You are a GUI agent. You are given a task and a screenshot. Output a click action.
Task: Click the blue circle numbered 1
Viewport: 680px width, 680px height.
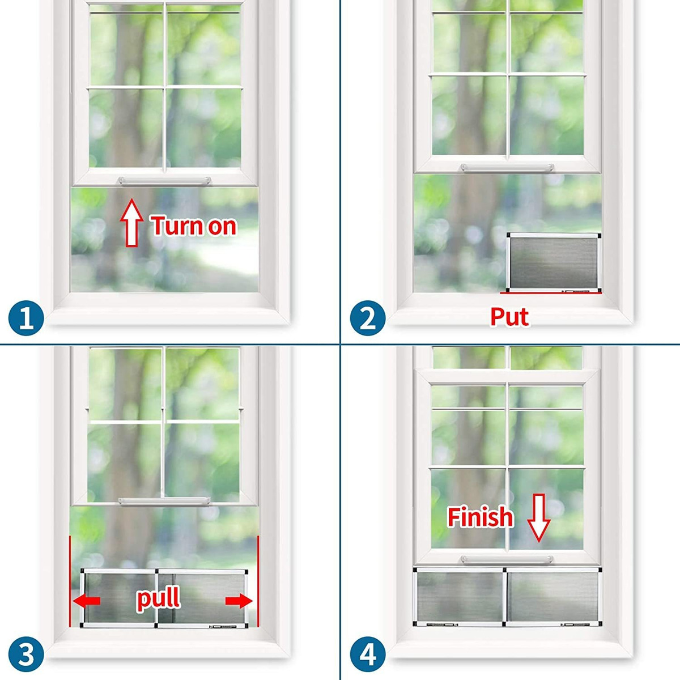click(26, 318)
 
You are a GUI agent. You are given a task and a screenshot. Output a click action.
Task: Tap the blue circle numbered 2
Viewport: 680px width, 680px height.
click(368, 318)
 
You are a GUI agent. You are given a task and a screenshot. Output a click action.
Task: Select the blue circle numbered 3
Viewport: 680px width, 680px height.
click(26, 656)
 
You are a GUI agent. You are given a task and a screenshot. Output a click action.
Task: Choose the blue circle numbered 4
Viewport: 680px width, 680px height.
click(368, 656)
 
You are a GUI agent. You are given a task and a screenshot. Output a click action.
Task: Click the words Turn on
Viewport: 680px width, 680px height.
click(194, 226)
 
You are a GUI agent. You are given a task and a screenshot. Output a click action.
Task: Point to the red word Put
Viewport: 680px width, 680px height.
click(509, 317)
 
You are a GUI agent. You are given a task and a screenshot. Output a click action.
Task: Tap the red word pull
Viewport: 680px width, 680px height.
click(159, 597)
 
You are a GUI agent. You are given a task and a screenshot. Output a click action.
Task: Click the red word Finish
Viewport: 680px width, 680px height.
click(481, 517)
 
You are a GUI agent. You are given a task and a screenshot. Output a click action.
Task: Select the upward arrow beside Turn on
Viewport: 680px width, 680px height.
click(131, 223)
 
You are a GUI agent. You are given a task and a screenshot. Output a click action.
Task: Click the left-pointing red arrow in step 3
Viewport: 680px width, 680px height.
click(87, 601)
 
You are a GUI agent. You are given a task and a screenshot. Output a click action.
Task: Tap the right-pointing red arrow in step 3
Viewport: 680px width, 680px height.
click(239, 601)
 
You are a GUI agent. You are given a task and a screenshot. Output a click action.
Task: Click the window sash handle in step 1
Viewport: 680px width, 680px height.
click(164, 181)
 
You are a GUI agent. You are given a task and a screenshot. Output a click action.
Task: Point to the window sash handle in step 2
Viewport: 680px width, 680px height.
click(507, 168)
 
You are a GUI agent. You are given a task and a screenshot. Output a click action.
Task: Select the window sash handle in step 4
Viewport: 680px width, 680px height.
click(507, 560)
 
